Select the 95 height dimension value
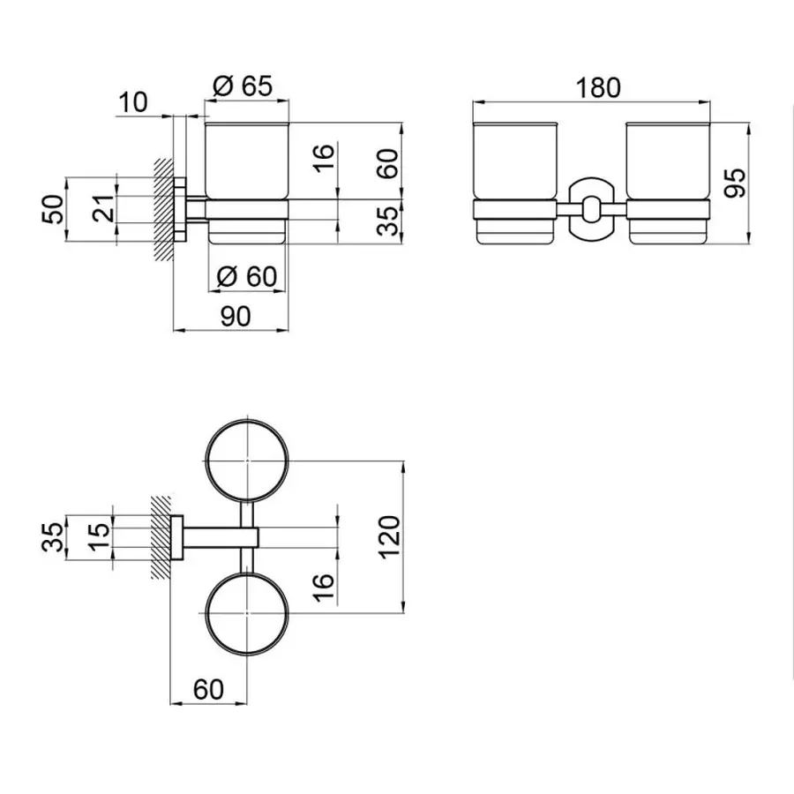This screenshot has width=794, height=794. click(738, 181)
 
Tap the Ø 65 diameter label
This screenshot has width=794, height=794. click(243, 86)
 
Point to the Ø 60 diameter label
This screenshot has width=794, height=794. click(247, 276)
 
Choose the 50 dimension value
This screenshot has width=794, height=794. click(56, 209)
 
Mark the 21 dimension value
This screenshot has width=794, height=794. click(104, 209)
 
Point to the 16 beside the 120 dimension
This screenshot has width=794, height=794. click(324, 581)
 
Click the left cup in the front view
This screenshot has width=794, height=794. click(516, 181)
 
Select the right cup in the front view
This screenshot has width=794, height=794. click(668, 181)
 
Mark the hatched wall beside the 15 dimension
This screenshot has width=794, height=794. click(161, 536)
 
